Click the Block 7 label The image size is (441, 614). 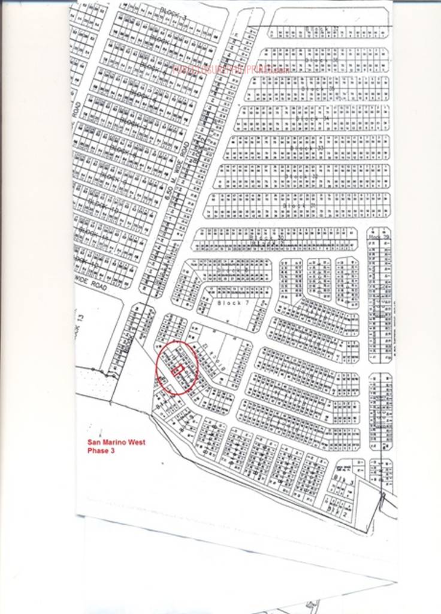point(228,303)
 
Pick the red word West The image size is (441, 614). point(135,443)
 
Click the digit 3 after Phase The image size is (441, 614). point(112,451)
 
